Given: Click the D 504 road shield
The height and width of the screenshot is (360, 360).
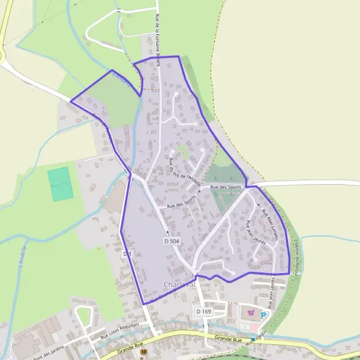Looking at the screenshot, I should point(171,240).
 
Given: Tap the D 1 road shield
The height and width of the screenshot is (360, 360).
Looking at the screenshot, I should point(127,254).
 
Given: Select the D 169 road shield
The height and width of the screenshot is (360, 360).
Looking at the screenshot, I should point(203,311).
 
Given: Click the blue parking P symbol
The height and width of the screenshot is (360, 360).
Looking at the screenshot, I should point(263,314).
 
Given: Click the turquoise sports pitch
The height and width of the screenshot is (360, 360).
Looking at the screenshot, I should point(60,184).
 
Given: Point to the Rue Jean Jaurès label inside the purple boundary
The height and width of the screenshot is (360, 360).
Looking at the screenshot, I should point(256,232).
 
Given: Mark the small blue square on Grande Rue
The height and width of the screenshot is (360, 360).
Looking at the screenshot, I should point(253,339).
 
